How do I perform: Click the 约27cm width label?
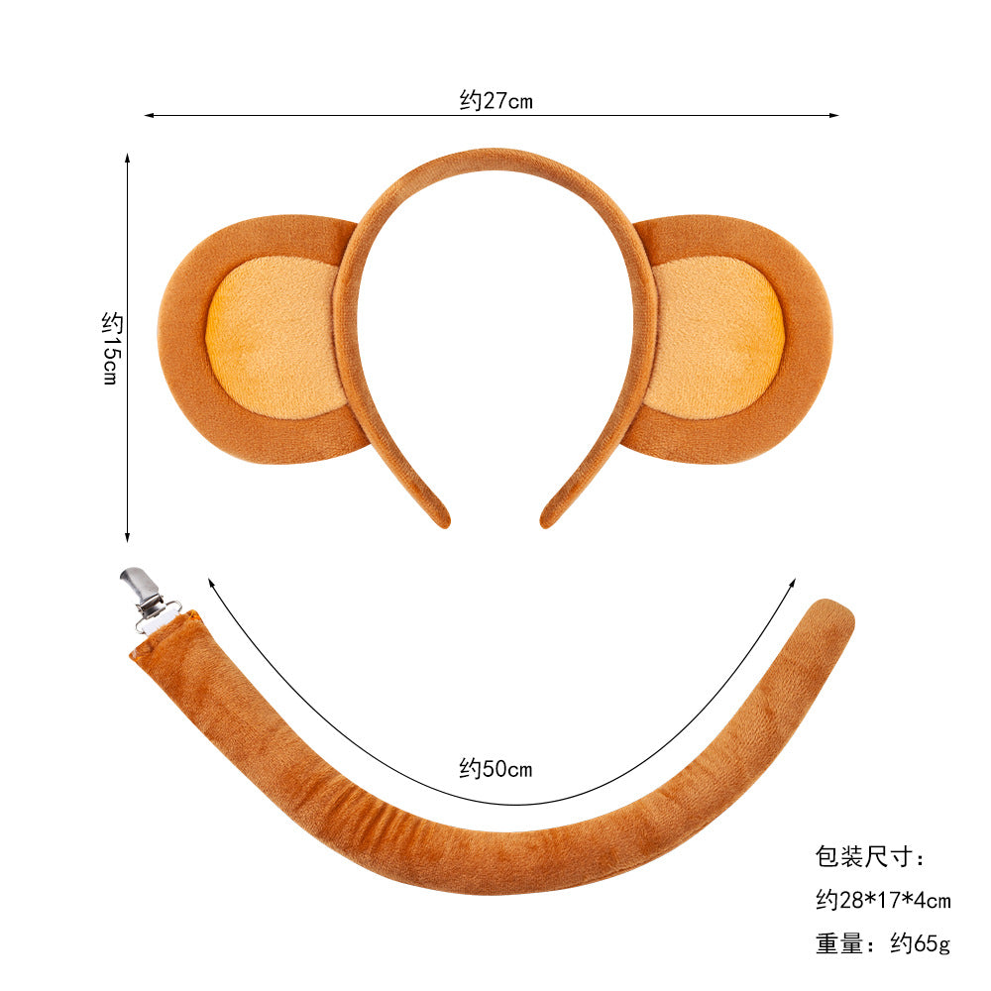(x=496, y=100)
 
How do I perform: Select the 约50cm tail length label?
(x=496, y=769)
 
